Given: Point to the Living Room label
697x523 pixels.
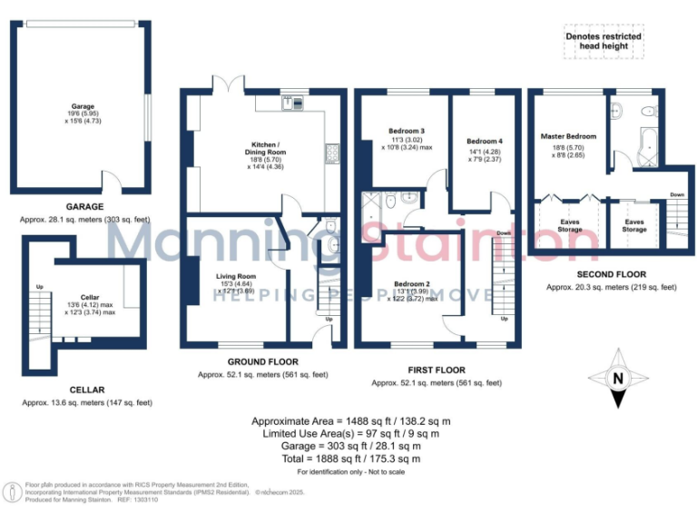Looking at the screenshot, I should [235, 276].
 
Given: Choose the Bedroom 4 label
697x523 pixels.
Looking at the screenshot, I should [484, 142].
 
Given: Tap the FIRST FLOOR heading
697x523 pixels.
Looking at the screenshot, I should [437, 370].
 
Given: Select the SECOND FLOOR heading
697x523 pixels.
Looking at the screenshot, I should [612, 274].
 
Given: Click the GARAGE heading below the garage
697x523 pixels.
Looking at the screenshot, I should [84, 207].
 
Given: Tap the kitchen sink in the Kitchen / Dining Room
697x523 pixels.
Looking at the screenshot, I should [291, 102].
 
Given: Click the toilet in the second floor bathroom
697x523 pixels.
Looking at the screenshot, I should [646, 112].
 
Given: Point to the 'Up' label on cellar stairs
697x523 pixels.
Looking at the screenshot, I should [38, 287].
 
